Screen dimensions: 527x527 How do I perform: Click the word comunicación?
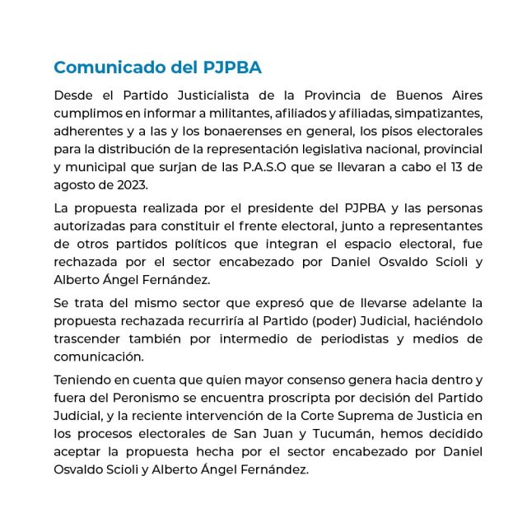(x=99, y=357)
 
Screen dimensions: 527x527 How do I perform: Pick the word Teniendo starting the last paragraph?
(x=85, y=380)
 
